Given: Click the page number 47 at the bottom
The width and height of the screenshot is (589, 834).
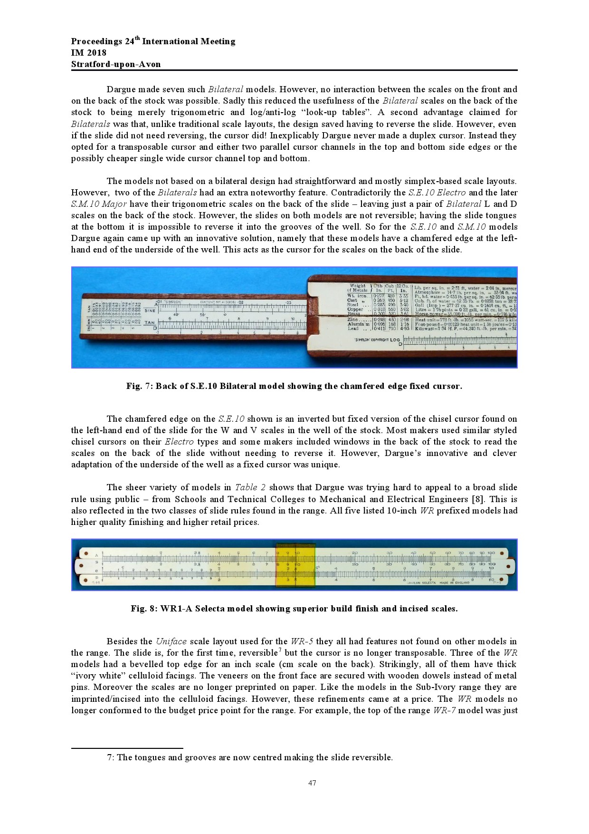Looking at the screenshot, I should [x=312, y=783].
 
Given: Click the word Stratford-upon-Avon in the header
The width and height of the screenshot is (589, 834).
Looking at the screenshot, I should [x=116, y=64].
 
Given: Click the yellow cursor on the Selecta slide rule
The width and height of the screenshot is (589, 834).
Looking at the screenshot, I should [x=295, y=565].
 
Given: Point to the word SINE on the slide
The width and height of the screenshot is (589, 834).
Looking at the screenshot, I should [x=150, y=310].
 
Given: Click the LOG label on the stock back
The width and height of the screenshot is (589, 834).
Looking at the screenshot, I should [x=395, y=339].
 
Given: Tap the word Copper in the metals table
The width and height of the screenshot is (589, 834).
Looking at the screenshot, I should [x=355, y=309].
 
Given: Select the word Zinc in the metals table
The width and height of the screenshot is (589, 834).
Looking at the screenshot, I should [x=353, y=320].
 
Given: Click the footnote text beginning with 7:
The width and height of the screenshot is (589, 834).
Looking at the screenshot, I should [x=250, y=757].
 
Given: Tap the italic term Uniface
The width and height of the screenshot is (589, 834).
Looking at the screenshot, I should [x=171, y=641].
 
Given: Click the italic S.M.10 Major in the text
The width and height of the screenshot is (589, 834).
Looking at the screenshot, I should [x=99, y=204].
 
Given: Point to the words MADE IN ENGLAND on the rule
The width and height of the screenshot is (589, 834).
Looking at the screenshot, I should [x=455, y=582].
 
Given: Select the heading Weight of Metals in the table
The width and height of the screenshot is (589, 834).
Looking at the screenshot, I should [x=357, y=288].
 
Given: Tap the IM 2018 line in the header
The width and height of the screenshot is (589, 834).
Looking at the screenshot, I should [x=89, y=53].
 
